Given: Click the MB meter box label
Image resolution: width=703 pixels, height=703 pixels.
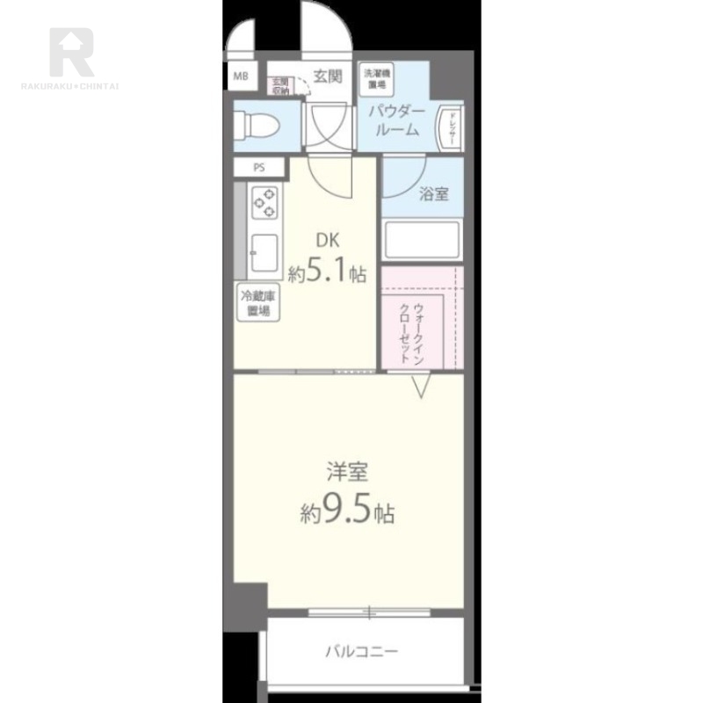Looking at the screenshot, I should tap(240, 76).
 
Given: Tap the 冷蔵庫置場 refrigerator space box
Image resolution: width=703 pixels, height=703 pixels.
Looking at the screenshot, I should tap(257, 304).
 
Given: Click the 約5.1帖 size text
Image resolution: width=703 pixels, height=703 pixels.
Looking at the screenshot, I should tap(328, 273).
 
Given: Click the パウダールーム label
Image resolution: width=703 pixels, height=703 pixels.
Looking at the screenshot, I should tap(396, 120).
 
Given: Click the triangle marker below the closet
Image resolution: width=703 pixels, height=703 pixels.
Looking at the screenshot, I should tap(421, 385).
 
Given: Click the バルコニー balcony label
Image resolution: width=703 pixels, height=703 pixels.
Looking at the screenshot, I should tap(361, 651).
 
